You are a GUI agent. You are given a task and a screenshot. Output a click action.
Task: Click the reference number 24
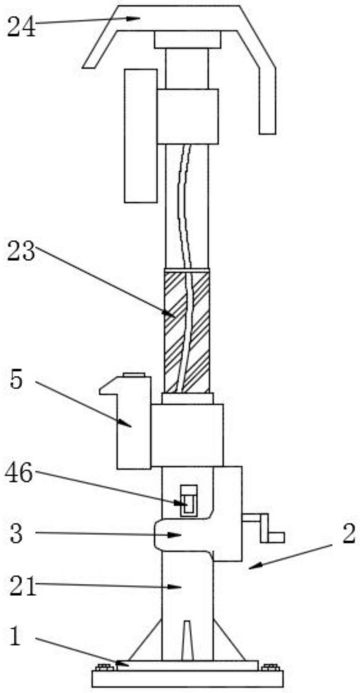click(x=22, y=27)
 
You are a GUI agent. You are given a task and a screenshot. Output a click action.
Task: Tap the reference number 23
click(x=22, y=251)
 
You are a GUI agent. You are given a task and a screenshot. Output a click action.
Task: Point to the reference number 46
click(x=18, y=472)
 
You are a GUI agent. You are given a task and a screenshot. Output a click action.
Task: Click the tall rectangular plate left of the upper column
click(x=141, y=136)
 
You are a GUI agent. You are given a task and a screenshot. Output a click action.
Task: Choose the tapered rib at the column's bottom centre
click(x=188, y=641)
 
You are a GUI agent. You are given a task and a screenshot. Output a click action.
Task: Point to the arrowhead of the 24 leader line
click(x=133, y=18)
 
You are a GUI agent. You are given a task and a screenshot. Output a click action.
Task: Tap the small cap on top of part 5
click(x=134, y=375)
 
